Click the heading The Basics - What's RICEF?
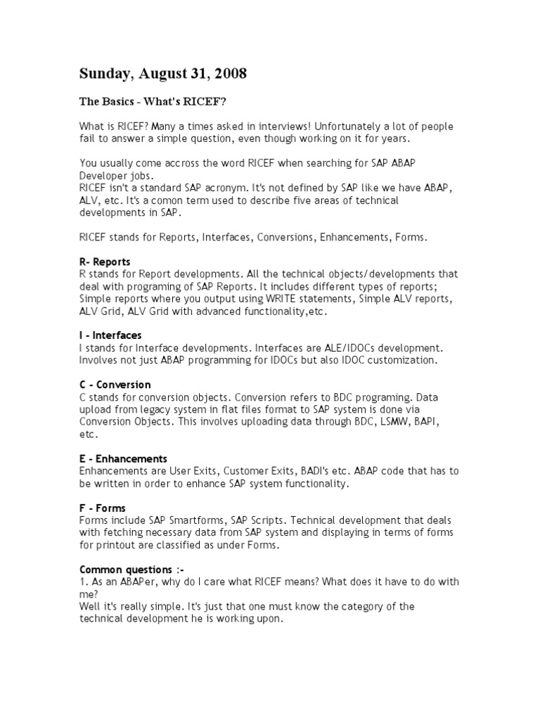153,102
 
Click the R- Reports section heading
105,262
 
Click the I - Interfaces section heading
110,335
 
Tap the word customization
399,360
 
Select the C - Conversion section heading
115,385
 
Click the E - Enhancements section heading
123,458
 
